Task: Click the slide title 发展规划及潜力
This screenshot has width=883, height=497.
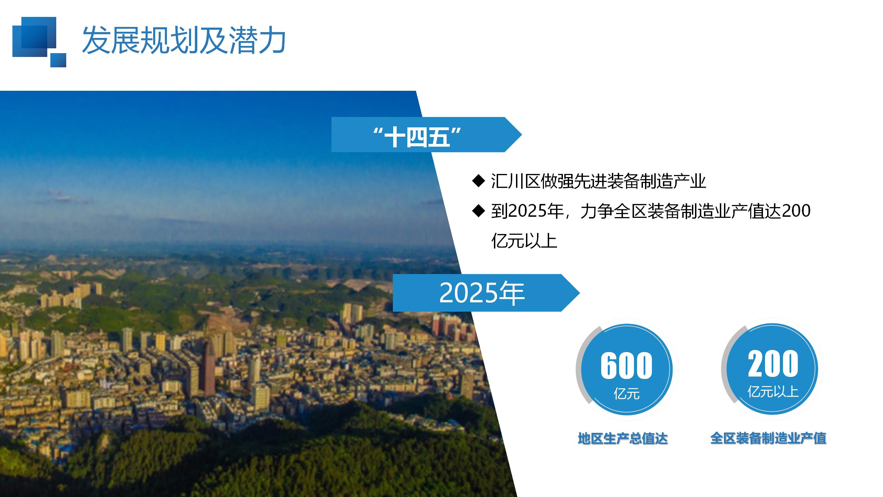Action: (x=183, y=40)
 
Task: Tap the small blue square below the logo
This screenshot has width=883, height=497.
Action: (x=58, y=60)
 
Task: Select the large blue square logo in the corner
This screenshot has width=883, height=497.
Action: (x=34, y=37)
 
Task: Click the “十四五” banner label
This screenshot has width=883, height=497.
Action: (x=418, y=137)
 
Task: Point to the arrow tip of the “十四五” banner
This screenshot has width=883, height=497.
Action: (x=522, y=135)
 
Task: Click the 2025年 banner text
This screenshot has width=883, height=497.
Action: (x=482, y=293)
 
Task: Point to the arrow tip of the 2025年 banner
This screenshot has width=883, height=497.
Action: (x=580, y=293)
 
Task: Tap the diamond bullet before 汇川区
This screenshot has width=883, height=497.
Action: (x=478, y=181)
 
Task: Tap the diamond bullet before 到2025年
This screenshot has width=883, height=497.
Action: (x=478, y=211)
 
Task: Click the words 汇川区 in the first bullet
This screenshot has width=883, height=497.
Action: (x=516, y=181)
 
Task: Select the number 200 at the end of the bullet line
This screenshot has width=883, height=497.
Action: (x=796, y=211)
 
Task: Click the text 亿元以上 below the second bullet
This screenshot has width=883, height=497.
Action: (x=524, y=241)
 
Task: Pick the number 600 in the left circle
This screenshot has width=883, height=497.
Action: (x=626, y=365)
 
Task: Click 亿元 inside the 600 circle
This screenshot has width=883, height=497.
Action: (x=626, y=394)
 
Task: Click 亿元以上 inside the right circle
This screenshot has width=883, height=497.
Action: (x=773, y=392)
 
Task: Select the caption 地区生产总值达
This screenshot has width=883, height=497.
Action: (x=623, y=439)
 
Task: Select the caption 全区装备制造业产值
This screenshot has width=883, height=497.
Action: (x=768, y=438)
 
